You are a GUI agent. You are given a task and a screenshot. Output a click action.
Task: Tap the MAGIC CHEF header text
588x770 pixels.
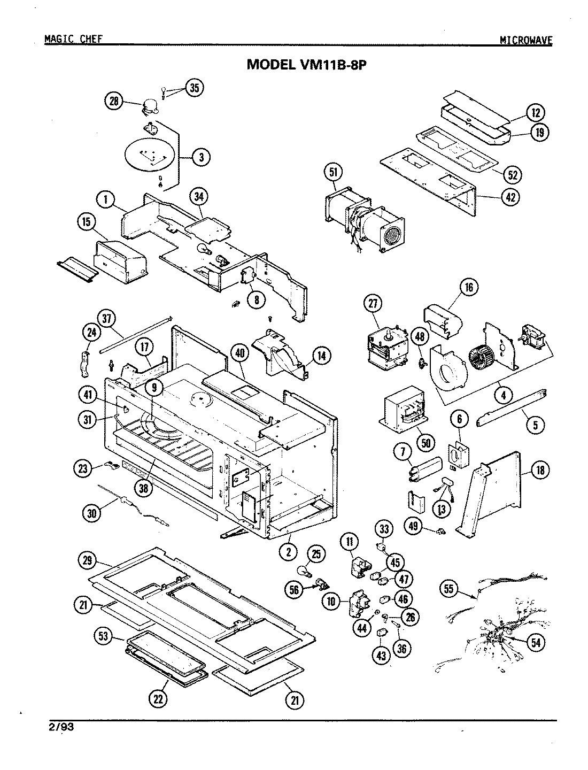(73, 39)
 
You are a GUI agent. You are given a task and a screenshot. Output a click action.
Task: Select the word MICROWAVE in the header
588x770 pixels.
(526, 40)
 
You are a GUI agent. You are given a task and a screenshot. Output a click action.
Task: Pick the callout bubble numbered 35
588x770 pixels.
(194, 88)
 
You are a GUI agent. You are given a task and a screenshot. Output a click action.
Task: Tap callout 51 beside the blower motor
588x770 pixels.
(332, 173)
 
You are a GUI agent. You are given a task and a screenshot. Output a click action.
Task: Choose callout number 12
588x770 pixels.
(535, 113)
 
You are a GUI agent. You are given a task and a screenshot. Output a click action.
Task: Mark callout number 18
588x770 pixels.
(540, 471)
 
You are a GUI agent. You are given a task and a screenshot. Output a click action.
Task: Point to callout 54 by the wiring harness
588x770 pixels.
(535, 642)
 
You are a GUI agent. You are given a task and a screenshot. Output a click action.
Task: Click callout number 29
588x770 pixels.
(87, 561)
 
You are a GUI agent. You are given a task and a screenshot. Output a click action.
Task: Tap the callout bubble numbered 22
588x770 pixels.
(159, 699)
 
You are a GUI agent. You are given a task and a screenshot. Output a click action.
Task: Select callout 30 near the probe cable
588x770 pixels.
(91, 512)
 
